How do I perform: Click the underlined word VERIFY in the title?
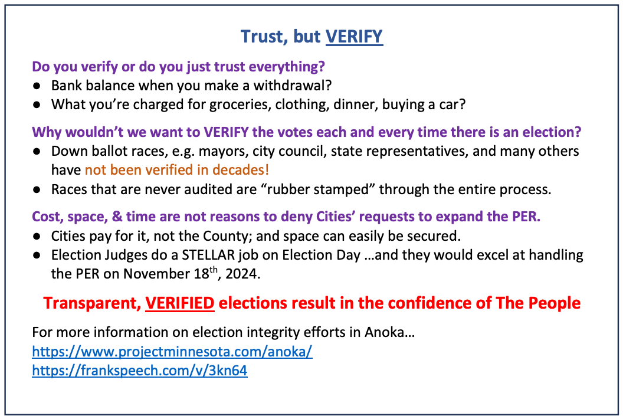(354, 37)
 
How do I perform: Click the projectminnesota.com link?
(172, 351)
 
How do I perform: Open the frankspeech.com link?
(140, 371)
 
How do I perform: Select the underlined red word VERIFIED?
(180, 303)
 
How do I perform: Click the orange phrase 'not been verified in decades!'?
(177, 170)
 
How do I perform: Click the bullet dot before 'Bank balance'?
(37, 86)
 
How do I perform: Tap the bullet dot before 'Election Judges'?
(37, 255)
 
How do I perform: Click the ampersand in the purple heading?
(117, 217)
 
